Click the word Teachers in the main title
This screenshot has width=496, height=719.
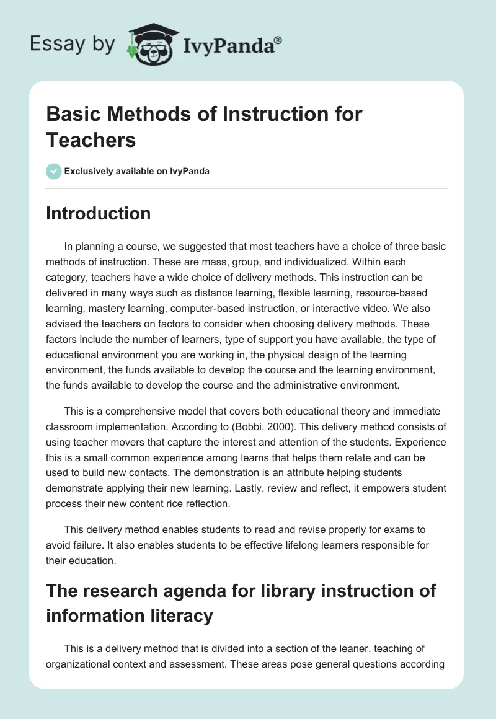pyautogui.click(x=91, y=139)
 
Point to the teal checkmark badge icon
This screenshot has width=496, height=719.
pyautogui.click(x=54, y=171)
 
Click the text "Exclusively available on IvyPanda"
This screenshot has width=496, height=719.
pyautogui.click(x=137, y=171)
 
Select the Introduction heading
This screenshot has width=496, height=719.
pyautogui.click(x=99, y=213)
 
